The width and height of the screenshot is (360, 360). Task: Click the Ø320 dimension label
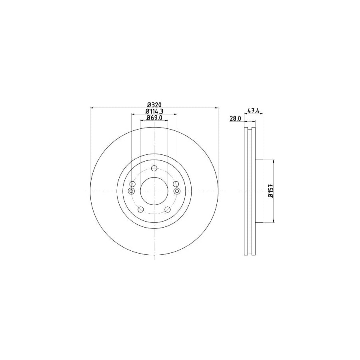tap(154, 105)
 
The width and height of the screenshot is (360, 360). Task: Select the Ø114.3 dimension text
tap(154, 111)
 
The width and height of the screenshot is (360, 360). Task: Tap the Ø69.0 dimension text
tap(154, 118)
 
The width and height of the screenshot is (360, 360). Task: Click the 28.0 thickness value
tap(235, 118)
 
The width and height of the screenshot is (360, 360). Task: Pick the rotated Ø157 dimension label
tap(270, 192)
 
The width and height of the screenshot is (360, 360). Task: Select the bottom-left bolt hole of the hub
tap(140, 210)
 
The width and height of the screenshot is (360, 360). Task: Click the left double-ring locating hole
tap(131, 191)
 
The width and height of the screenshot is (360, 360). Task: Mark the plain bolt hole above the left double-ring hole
tap(133, 184)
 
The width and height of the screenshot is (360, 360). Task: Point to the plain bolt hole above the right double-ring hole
tap(176, 184)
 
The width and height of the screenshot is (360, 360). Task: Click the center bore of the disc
tap(154, 191)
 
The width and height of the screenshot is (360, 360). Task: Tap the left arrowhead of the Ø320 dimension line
tap(92, 108)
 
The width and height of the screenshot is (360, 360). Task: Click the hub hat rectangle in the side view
tap(258, 191)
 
